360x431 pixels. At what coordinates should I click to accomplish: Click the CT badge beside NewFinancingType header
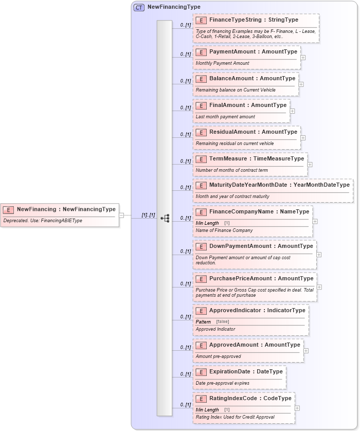[x=139, y=7]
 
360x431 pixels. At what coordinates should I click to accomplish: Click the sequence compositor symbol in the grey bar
[x=165, y=218]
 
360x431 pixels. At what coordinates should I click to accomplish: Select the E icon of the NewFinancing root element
[x=8, y=209]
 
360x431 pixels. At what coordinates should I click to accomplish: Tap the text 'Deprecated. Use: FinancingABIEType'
[x=43, y=221]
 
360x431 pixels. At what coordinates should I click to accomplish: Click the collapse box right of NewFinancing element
[x=122, y=215]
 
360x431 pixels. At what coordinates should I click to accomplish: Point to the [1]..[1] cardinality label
[x=148, y=215]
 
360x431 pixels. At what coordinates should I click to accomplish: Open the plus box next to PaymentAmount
[x=303, y=58]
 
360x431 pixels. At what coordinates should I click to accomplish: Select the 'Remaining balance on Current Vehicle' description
[x=236, y=90]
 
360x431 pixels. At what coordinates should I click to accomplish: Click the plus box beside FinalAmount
[x=292, y=111]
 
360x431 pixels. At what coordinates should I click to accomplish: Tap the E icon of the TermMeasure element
[x=201, y=159]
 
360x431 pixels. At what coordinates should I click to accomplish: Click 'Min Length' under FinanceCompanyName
[x=207, y=223]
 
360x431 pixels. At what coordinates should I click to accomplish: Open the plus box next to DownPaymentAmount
[x=319, y=254]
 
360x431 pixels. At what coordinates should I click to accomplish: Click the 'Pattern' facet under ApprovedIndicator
[x=203, y=321]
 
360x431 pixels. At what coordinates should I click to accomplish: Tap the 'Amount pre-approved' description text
[x=218, y=356]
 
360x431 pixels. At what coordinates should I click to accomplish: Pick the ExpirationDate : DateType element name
[x=246, y=371]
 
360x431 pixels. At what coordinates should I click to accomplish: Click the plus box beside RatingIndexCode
[x=297, y=408]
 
